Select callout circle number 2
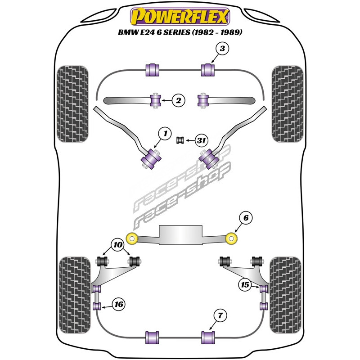point(178,101)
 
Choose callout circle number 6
point(246,219)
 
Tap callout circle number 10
point(118,246)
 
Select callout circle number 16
point(118,305)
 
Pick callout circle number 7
point(219,316)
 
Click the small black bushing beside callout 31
point(180,140)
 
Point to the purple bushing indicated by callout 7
point(208,337)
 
